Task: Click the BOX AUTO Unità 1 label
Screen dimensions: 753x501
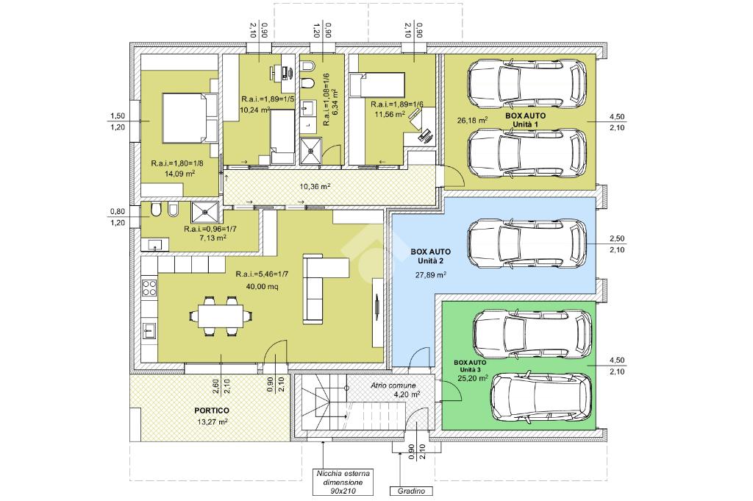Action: (525, 120)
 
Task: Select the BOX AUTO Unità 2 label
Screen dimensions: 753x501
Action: (430, 256)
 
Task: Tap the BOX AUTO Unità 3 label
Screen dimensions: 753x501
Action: (470, 366)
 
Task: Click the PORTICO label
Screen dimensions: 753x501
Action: (212, 411)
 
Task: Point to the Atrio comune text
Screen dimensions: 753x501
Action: (393, 385)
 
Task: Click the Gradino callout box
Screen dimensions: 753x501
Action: (411, 491)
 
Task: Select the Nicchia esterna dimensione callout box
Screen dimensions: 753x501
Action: (343, 483)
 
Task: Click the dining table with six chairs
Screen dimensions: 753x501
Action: (221, 316)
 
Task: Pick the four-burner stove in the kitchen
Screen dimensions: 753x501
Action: (149, 287)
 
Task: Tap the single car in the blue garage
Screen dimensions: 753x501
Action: (527, 244)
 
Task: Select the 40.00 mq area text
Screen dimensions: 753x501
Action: (262, 287)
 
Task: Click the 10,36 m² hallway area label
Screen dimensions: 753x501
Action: (315, 186)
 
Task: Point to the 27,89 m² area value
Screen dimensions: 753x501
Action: (431, 274)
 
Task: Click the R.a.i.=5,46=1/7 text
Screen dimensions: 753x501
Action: (262, 274)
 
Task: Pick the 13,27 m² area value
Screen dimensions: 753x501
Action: (212, 422)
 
